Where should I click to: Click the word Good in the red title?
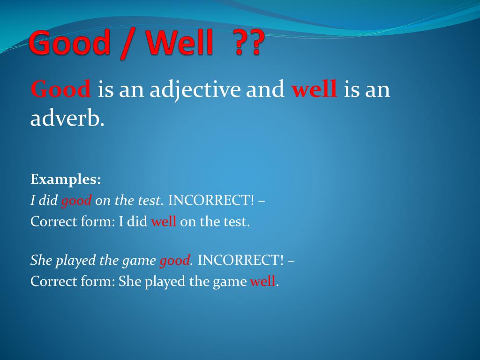click(x=70, y=42)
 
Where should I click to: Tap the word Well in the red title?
click(x=180, y=42)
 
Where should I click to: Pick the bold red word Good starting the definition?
click(x=60, y=89)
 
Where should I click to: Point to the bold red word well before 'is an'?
click(x=314, y=89)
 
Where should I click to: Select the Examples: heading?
click(x=66, y=180)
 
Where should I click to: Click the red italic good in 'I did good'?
click(x=76, y=201)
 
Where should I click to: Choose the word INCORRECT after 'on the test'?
click(x=211, y=200)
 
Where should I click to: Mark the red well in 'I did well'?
click(x=164, y=221)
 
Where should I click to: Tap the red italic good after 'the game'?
click(x=174, y=261)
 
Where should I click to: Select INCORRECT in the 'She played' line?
click(x=240, y=260)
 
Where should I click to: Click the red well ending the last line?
click(x=262, y=281)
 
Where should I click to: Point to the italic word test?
click(x=149, y=201)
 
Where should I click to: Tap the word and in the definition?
click(x=265, y=89)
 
